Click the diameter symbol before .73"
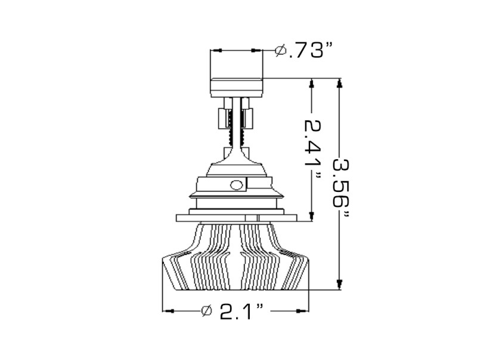click(x=280, y=51)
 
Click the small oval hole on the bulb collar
click(x=237, y=184)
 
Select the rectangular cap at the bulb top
click(x=236, y=86)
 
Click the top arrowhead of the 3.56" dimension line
click(x=340, y=83)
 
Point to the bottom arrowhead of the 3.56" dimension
click(x=340, y=285)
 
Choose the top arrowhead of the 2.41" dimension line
click(x=311, y=83)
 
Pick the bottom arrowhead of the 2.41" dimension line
click(x=311, y=218)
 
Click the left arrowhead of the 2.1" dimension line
click(x=168, y=311)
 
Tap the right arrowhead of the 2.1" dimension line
click(x=306, y=311)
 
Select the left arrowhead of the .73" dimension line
click(x=215, y=50)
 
